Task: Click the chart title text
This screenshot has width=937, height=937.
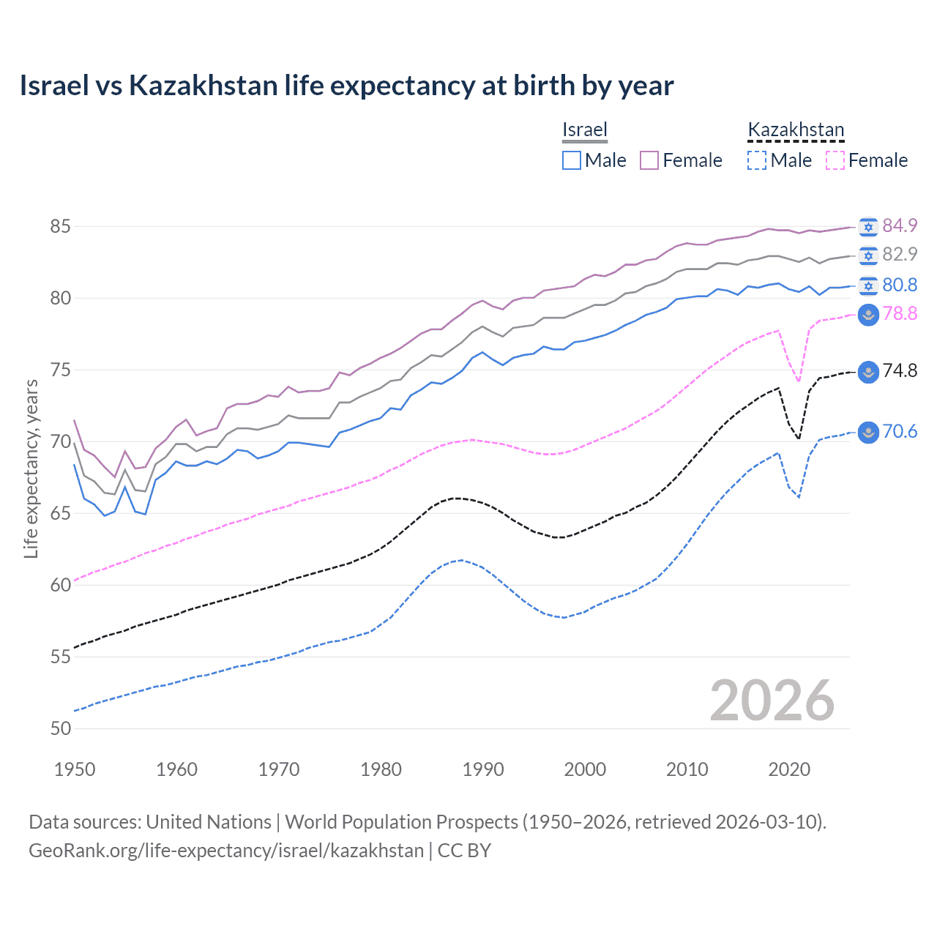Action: click(346, 86)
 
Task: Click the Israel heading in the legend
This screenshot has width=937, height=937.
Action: click(584, 130)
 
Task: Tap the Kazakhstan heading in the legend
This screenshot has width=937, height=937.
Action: click(796, 130)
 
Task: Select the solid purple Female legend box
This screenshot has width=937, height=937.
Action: click(649, 160)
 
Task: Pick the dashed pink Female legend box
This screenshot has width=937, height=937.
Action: click(835, 160)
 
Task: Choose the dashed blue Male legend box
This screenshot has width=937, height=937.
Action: click(757, 160)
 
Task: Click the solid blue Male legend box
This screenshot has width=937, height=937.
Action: click(572, 160)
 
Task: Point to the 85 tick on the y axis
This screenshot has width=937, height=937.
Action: click(60, 226)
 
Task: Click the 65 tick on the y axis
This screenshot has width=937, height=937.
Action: click(60, 513)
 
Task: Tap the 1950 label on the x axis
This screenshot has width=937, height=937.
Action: click(75, 769)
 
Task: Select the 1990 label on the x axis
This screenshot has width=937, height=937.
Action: click(483, 769)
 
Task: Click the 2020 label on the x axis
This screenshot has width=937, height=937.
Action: click(789, 769)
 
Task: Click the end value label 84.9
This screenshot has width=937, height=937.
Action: click(900, 225)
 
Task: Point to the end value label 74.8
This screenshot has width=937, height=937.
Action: click(900, 370)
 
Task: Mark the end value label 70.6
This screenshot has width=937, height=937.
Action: click(900, 431)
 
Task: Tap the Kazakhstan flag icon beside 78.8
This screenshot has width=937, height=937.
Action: click(868, 315)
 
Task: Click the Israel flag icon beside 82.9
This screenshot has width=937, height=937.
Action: click(868, 255)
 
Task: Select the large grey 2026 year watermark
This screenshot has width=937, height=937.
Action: click(772, 701)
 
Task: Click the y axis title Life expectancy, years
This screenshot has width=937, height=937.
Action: click(31, 468)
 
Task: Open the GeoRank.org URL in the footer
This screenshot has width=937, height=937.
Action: click(226, 851)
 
